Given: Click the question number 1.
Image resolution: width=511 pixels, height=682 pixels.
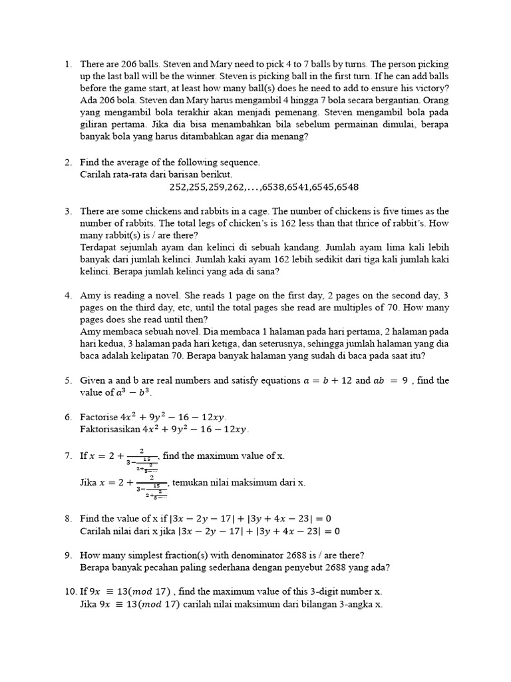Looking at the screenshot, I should (x=68, y=65).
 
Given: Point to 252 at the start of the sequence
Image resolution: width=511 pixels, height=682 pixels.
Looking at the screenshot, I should (x=178, y=187).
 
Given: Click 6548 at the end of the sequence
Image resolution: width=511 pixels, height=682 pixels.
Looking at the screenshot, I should (x=347, y=187).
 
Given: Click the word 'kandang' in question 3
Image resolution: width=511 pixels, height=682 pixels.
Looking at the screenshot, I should (x=281, y=247).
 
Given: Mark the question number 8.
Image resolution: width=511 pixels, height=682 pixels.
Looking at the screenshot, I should (x=68, y=519).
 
